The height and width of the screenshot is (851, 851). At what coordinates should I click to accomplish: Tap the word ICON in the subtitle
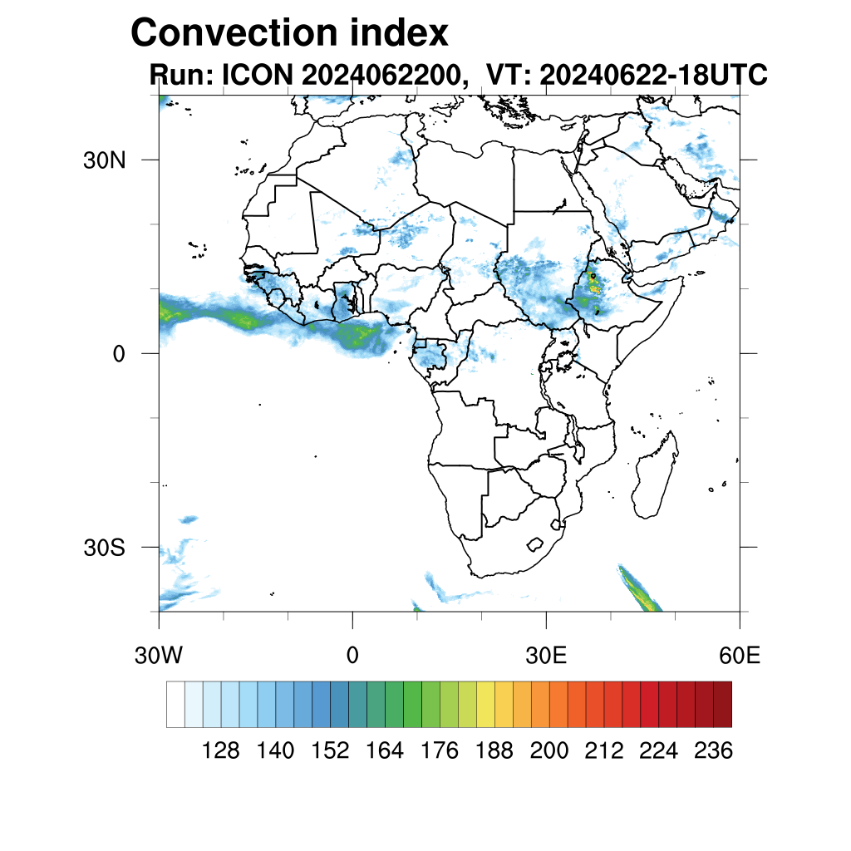[x=254, y=76]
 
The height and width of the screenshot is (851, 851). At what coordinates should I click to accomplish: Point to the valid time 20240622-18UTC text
[x=653, y=76]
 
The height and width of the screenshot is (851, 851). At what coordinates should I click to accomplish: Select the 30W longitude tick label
[x=159, y=656]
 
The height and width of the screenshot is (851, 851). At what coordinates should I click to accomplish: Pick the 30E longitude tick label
[x=546, y=656]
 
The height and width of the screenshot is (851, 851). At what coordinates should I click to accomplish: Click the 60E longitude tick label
[x=740, y=656]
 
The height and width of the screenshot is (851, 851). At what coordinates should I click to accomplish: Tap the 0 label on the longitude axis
[x=352, y=656]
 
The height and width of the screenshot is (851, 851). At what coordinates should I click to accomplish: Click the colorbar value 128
[x=221, y=751]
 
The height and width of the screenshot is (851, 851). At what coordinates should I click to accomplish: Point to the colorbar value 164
[x=385, y=751]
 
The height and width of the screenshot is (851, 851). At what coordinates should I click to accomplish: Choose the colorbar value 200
[x=549, y=751]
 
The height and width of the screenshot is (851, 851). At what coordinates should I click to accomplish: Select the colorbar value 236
[x=713, y=751]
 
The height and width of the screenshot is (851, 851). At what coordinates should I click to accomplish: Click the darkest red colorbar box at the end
[x=722, y=705]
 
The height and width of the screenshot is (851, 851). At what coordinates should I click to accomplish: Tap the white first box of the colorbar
[x=175, y=705]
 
